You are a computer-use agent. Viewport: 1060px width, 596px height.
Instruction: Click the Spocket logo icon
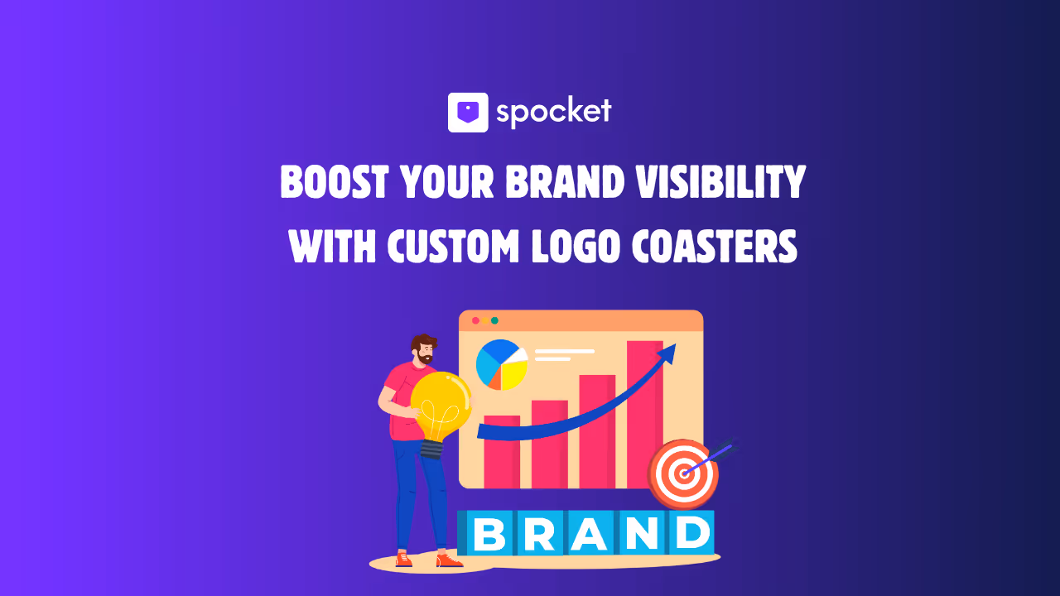[x=468, y=112]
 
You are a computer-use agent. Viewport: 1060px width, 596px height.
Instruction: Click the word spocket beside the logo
[x=553, y=112]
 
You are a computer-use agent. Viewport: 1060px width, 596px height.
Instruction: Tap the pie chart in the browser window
[x=502, y=364]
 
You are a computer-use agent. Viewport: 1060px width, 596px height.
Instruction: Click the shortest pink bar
[x=502, y=451]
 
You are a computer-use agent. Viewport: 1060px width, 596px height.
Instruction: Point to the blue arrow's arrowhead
[x=667, y=354]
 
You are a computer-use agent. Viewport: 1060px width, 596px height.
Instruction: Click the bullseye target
[x=683, y=474]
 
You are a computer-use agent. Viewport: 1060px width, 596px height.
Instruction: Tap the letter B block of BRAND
[x=489, y=535]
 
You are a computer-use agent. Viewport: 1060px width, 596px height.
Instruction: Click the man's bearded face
[x=424, y=352]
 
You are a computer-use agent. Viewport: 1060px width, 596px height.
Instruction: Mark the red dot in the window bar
[x=475, y=320]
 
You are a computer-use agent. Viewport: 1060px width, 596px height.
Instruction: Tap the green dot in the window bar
[x=494, y=320]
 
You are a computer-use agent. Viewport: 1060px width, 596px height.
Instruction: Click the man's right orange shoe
[x=449, y=560]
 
